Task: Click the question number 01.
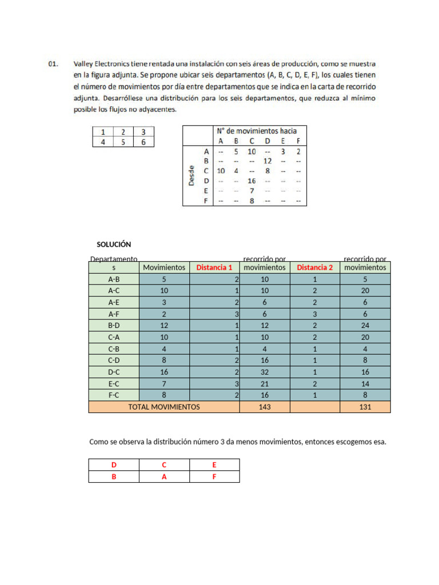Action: click(x=52, y=65)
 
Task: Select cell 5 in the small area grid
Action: click(x=123, y=142)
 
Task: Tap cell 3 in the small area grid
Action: click(x=143, y=132)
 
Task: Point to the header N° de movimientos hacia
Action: click(x=256, y=131)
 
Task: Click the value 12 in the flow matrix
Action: click(x=267, y=161)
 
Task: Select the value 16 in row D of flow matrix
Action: click(x=252, y=181)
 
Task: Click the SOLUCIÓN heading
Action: click(x=114, y=244)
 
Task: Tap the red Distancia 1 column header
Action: click(x=214, y=267)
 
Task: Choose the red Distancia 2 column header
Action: click(x=314, y=267)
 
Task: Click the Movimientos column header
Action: click(x=164, y=267)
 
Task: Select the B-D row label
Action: click(x=114, y=326)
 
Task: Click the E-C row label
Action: click(x=114, y=383)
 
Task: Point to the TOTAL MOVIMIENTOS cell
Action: click(x=164, y=407)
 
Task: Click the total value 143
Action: click(x=265, y=407)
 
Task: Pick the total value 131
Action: click(x=365, y=407)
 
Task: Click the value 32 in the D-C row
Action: click(x=265, y=372)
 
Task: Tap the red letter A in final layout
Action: click(x=164, y=476)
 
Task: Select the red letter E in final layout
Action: click(x=214, y=465)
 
